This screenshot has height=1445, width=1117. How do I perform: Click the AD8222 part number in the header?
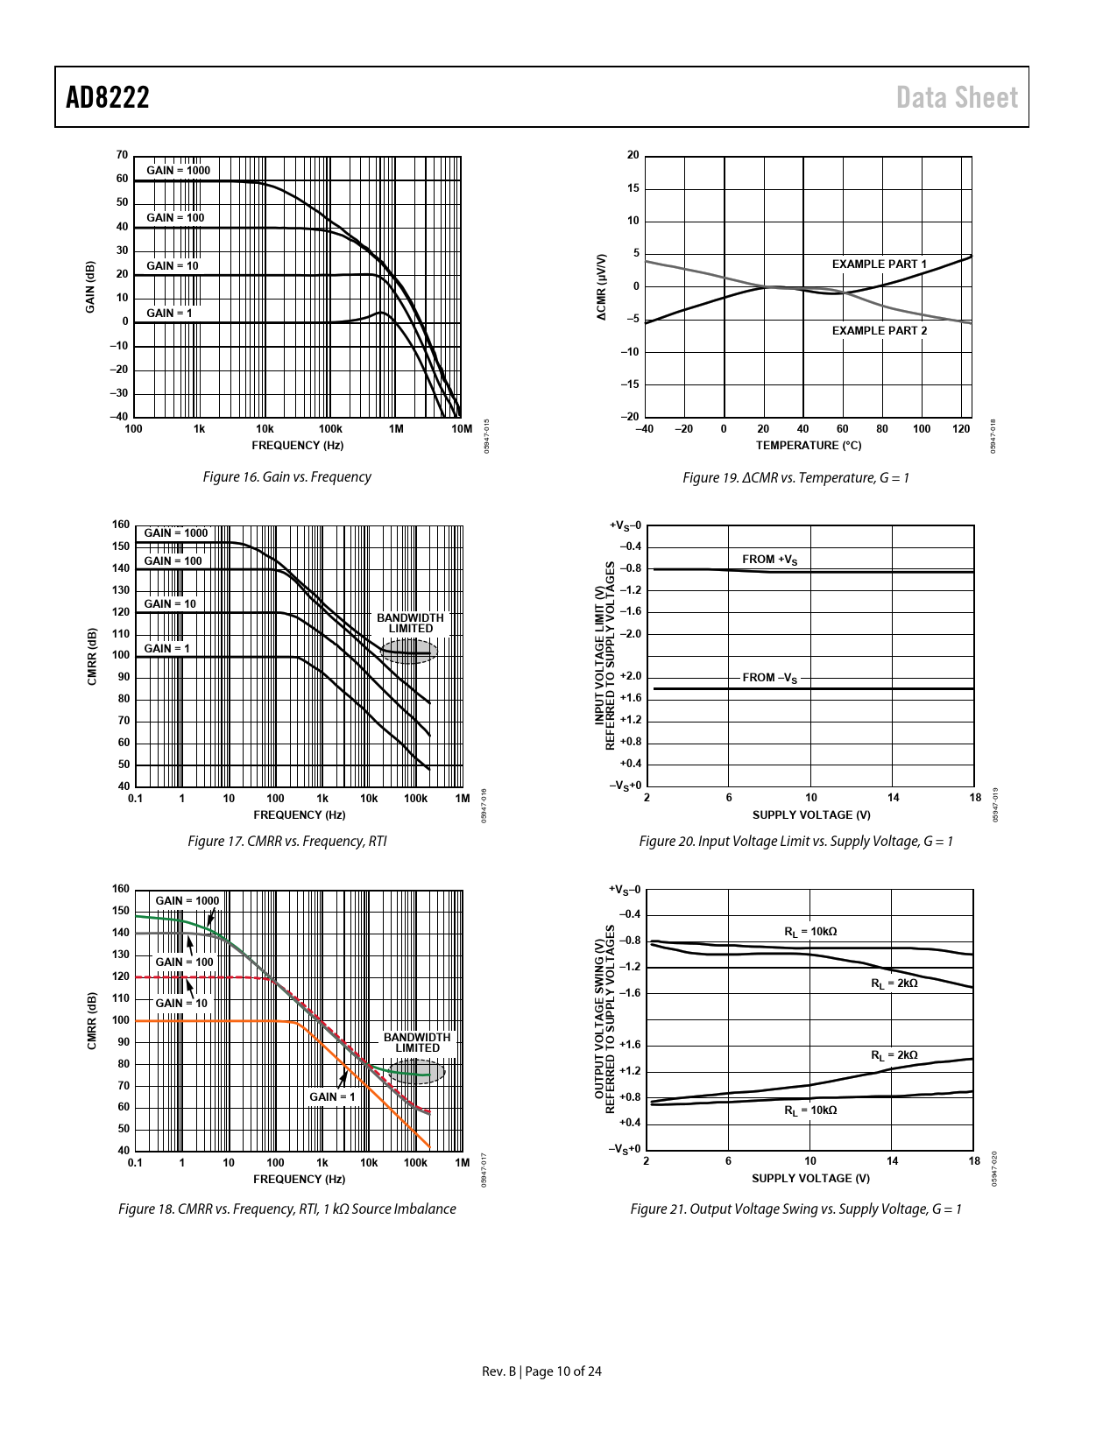point(108,97)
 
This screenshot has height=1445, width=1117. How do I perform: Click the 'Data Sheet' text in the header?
point(957,97)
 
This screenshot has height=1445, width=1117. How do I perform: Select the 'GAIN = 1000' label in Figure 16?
point(178,170)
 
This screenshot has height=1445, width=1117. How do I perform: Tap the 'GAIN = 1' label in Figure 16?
point(169,313)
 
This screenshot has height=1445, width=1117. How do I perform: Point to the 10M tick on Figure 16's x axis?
point(461,429)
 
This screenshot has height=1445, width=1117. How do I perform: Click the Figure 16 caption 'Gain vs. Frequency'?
point(286,477)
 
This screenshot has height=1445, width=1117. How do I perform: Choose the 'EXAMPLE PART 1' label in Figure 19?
point(879,264)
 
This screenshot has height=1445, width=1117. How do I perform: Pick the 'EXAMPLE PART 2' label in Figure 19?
point(879,330)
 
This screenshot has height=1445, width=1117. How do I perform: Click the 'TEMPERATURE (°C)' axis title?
point(808,446)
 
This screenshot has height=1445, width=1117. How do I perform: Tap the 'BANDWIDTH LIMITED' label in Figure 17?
point(410,623)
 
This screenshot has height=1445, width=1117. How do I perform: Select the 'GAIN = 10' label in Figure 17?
point(170,603)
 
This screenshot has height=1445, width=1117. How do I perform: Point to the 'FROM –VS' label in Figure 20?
point(770,678)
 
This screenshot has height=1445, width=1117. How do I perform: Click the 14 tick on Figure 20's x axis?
point(893,798)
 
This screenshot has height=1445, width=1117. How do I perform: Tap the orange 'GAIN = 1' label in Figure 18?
point(332,1096)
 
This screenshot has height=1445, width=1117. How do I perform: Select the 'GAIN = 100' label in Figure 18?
point(184,962)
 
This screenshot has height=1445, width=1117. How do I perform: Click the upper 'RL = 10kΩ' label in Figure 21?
point(809,932)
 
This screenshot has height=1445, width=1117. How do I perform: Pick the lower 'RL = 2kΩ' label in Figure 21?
point(894,1055)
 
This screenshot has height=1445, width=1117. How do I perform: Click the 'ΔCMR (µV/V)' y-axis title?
point(602,286)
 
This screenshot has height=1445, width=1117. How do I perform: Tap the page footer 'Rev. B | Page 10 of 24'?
point(542,1371)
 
